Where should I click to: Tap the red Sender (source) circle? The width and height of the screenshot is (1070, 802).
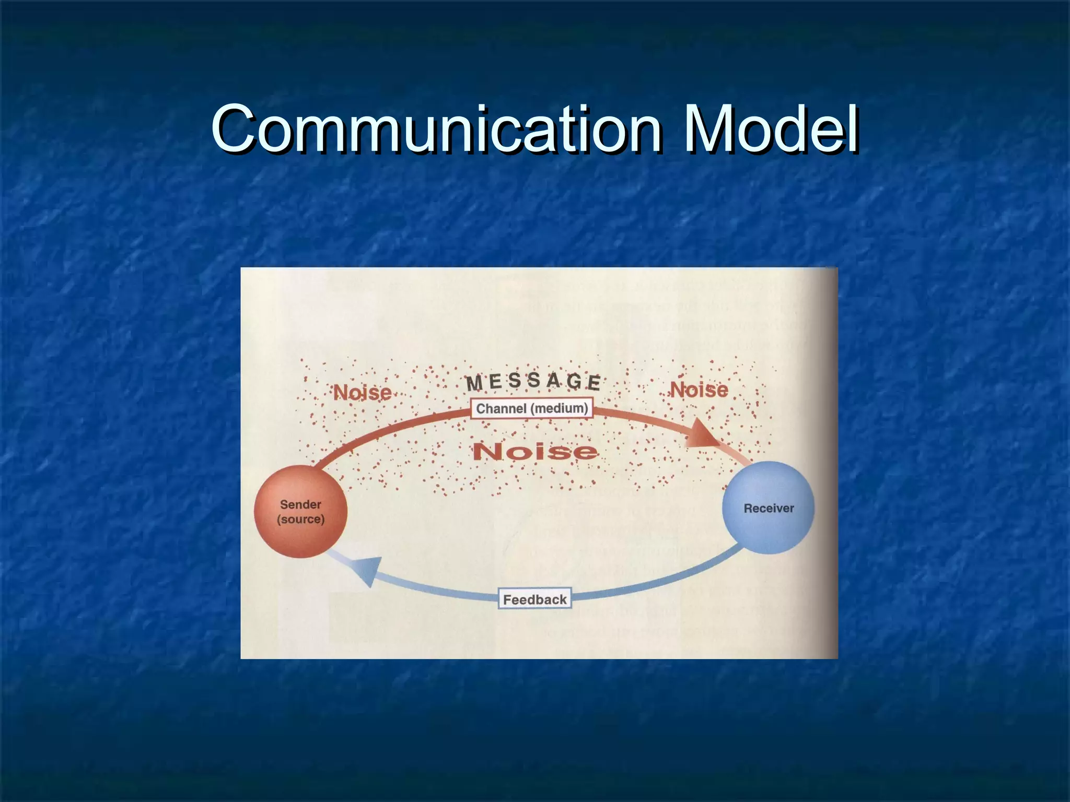[300, 512]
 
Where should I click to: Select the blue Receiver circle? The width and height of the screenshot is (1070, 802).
[768, 508]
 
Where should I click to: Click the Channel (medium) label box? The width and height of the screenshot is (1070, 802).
[532, 408]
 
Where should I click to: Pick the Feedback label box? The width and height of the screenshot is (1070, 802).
[534, 599]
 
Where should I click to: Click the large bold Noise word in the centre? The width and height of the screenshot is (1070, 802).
[534, 451]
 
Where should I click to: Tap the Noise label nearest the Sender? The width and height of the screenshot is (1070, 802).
[363, 392]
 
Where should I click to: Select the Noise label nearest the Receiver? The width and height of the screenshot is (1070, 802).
[699, 390]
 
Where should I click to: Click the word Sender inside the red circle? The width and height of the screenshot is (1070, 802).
[300, 504]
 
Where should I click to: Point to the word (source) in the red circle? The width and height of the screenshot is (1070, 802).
[300, 520]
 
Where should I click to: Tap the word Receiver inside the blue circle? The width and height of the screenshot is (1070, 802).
[769, 508]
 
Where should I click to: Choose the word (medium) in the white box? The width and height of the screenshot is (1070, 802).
[560, 408]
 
